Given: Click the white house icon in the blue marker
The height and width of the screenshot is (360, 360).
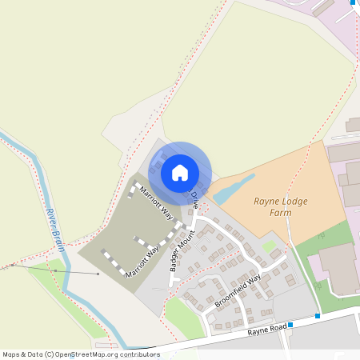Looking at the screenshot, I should pyautogui.click(x=180, y=172).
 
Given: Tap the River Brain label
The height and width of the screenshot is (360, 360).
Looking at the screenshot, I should pyautogui.click(x=54, y=229).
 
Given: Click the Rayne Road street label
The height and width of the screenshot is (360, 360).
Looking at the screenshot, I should pyautogui.click(x=266, y=329).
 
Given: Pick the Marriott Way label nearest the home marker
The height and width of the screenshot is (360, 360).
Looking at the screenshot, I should pyautogui.click(x=156, y=202).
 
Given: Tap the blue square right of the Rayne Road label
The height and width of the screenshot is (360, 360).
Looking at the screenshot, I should pyautogui.click(x=290, y=325).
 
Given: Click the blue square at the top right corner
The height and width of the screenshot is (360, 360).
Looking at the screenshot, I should pyautogui.click(x=353, y=2).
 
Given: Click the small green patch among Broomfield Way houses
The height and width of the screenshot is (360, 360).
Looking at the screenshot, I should pyautogui.click(x=269, y=246).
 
